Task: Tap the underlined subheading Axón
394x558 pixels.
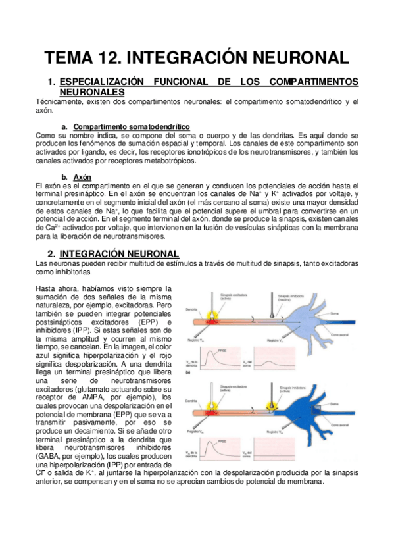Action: (x=82, y=178)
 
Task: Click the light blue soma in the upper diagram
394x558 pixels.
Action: (x=322, y=316)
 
